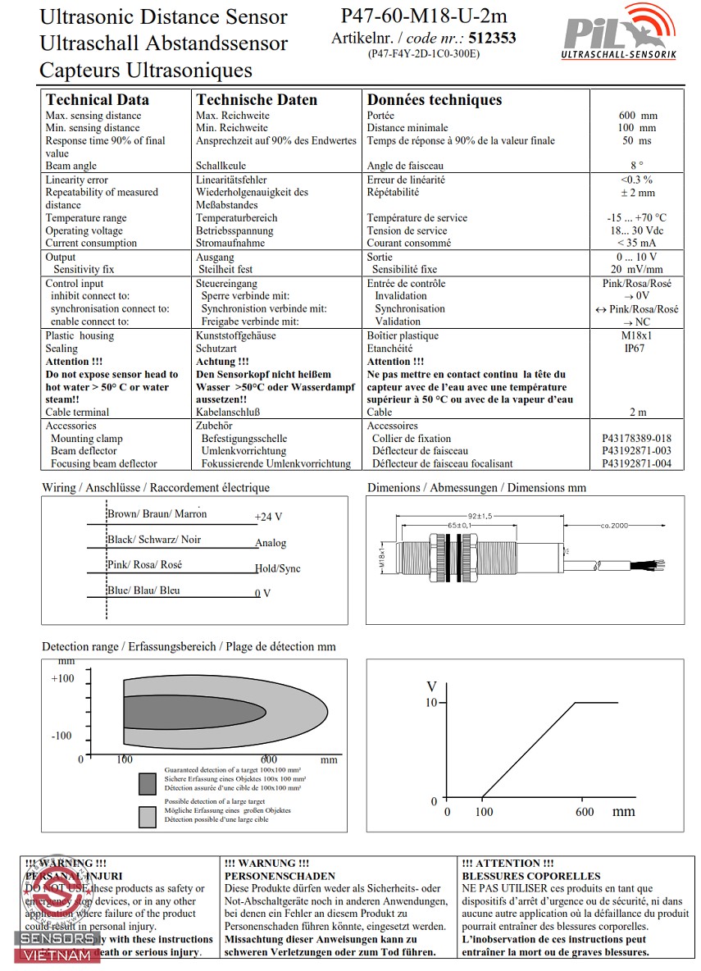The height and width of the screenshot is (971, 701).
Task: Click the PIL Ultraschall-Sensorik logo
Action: click(x=618, y=33)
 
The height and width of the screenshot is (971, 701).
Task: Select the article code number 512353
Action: click(x=492, y=38)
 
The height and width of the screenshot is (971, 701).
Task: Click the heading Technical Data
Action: click(x=98, y=100)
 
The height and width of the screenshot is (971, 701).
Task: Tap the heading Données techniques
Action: click(x=434, y=100)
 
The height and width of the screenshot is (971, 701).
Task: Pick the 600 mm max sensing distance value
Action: click(x=637, y=116)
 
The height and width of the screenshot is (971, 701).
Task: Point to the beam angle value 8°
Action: click(x=637, y=166)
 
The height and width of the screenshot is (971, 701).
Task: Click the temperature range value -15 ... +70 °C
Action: click(x=637, y=218)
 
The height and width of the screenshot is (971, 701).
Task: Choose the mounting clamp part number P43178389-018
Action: click(x=636, y=439)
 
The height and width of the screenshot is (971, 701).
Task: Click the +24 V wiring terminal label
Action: click(x=268, y=517)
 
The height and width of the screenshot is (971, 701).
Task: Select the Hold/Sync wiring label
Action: click(x=277, y=568)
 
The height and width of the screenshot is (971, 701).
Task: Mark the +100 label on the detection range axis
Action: click(x=62, y=679)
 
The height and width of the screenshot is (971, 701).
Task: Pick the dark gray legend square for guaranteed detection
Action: click(x=148, y=784)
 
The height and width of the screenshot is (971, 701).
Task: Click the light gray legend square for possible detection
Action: click(x=148, y=817)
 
